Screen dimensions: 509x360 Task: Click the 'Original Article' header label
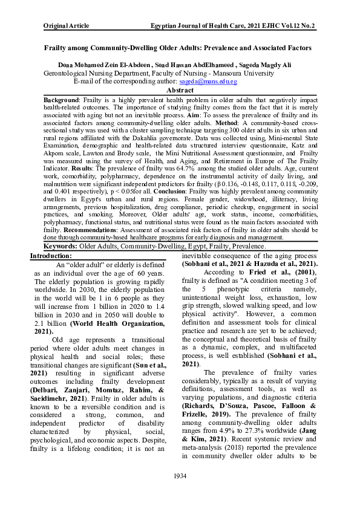67,26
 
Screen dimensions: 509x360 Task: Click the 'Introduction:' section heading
55,256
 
